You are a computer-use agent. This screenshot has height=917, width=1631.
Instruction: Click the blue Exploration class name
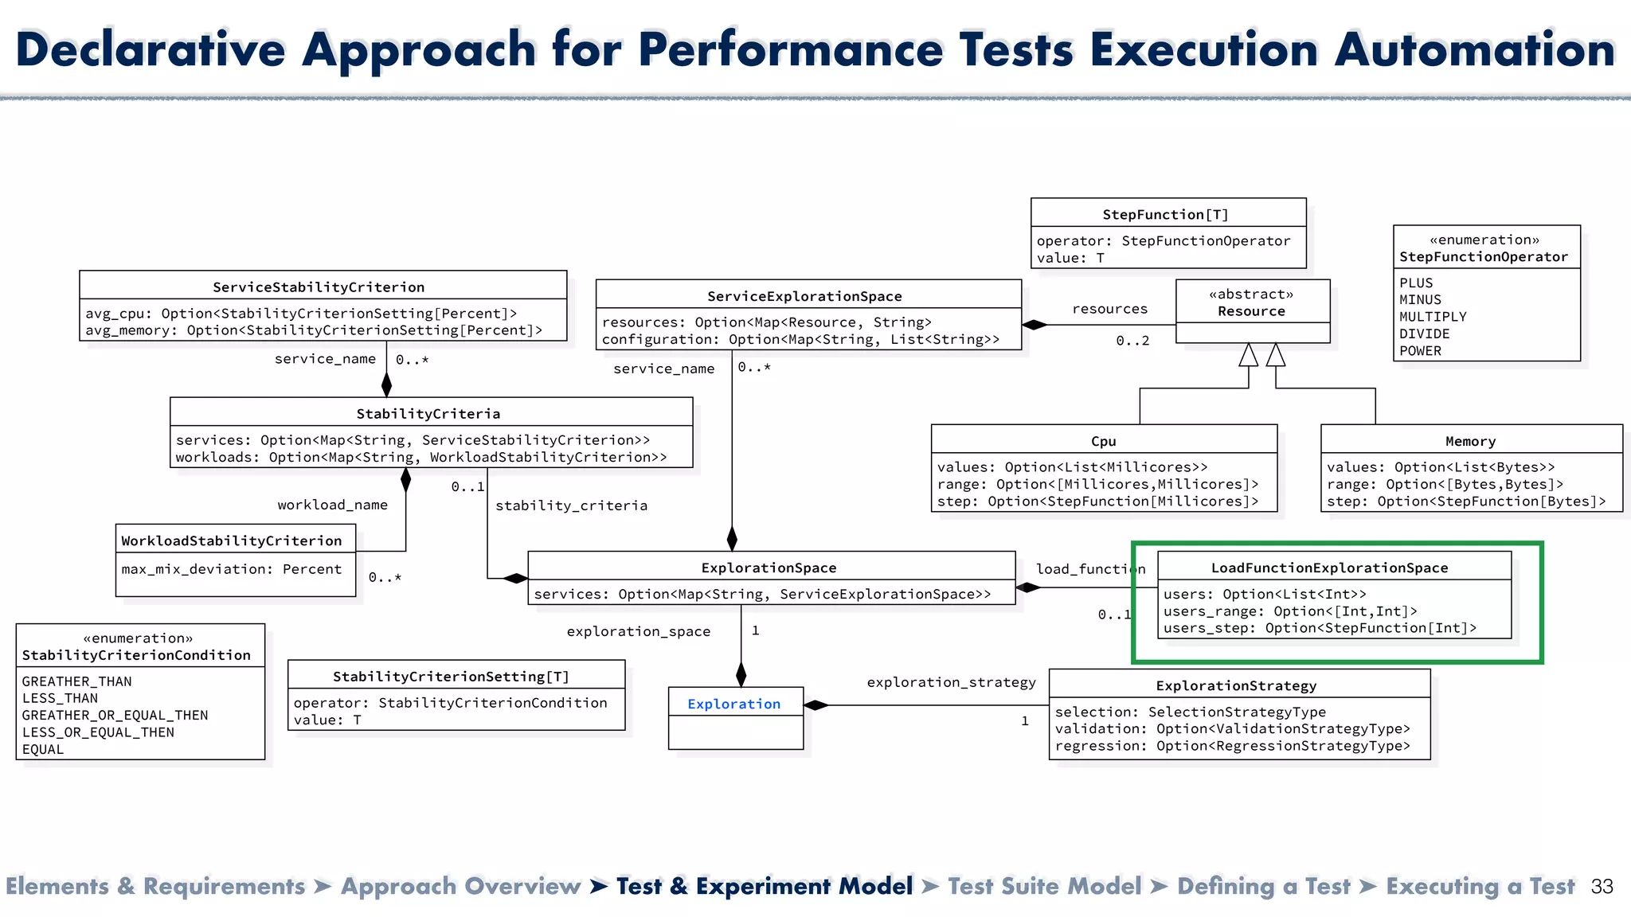point(733,704)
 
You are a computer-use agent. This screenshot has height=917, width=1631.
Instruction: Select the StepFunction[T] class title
point(1165,214)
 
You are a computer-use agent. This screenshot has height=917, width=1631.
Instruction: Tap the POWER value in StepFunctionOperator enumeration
point(1420,351)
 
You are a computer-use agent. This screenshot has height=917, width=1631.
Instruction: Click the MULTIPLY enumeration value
point(1433,317)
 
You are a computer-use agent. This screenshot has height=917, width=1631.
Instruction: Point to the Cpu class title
point(1103,441)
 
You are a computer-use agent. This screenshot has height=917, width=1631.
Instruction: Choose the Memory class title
point(1470,441)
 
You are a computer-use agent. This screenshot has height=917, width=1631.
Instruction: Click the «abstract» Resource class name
point(1251,311)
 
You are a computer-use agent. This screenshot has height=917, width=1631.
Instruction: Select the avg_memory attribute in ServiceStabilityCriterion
point(314,330)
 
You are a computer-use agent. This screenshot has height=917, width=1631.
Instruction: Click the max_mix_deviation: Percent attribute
point(231,569)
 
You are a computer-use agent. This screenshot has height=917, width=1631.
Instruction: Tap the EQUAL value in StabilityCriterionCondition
point(43,749)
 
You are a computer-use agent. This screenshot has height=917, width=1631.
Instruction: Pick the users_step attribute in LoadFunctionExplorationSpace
point(1320,628)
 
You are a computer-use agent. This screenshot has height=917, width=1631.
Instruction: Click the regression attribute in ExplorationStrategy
point(1232,746)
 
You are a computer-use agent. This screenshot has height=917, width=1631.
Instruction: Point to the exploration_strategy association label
point(951,682)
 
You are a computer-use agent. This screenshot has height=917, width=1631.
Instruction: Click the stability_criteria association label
point(571,505)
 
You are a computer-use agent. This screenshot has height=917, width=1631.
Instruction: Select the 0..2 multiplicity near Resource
point(1132,341)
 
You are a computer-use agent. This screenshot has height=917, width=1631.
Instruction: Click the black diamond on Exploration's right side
point(816,705)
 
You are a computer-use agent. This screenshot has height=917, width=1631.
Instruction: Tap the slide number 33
point(1602,887)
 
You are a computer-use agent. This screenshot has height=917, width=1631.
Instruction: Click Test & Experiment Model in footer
point(764,887)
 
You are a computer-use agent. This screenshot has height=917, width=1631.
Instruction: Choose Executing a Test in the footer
point(1480,887)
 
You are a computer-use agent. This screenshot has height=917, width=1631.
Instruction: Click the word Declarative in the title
point(150,49)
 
